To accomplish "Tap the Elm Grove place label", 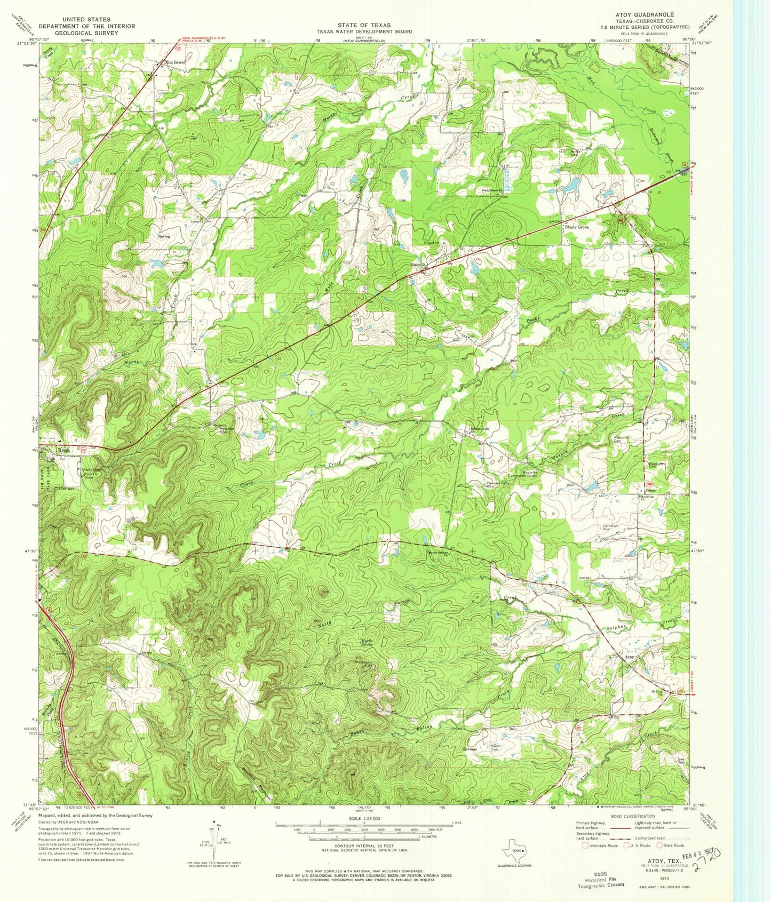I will click(x=176, y=62).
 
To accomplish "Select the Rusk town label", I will click(x=64, y=450).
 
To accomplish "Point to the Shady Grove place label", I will click(x=577, y=227).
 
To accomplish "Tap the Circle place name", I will click(x=650, y=490).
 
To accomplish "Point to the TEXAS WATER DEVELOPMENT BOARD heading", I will click(x=364, y=32).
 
